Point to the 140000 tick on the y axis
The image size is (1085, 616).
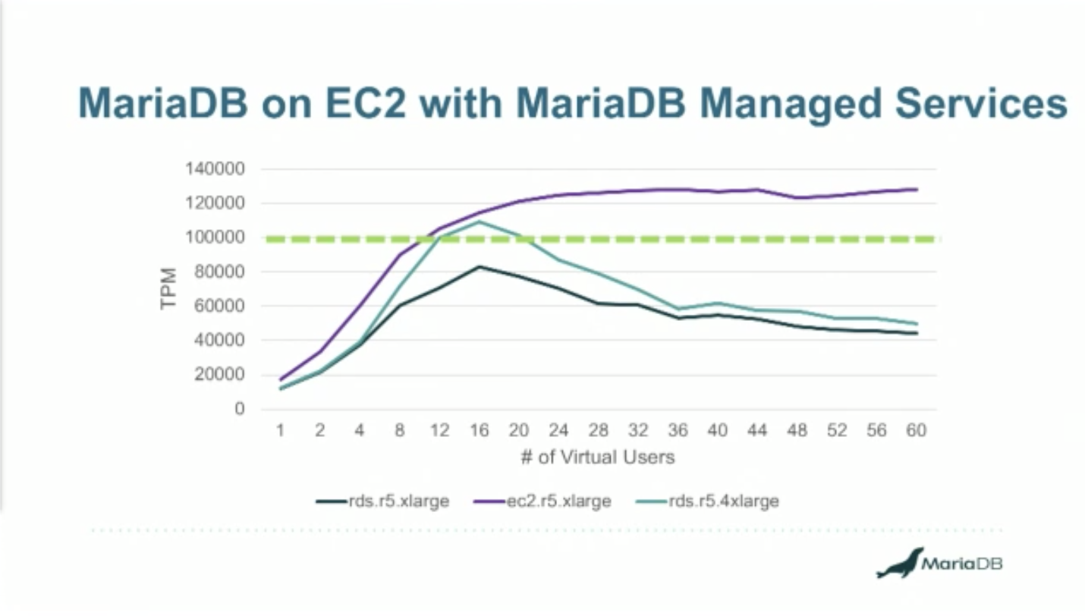[214, 169]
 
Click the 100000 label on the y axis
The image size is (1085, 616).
[214, 237]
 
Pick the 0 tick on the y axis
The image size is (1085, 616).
[240, 409]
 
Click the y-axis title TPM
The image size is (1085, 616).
[168, 288]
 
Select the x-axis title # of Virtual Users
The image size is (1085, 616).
[598, 457]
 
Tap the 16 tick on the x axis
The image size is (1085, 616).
[479, 431]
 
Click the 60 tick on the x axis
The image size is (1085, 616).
[917, 431]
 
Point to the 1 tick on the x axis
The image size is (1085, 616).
[280, 431]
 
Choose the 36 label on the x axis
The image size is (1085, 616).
[678, 431]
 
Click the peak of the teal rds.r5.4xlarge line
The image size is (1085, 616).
[479, 222]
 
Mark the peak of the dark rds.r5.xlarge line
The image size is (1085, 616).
[479, 266]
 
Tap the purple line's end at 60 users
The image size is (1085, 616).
[917, 189]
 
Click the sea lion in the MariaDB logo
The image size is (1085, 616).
[899, 564]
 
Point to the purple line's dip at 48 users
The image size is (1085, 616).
[797, 198]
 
